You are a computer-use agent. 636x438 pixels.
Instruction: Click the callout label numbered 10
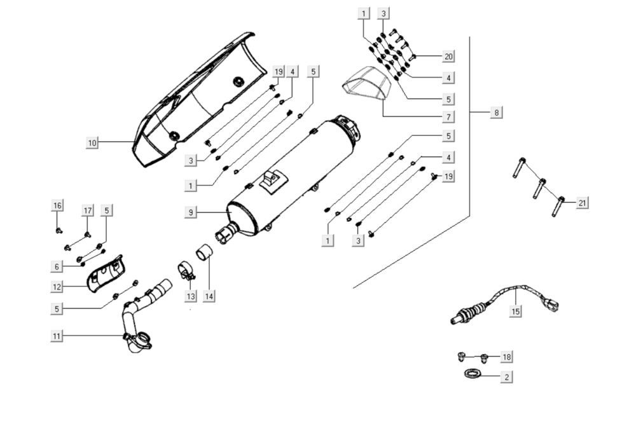[92, 142]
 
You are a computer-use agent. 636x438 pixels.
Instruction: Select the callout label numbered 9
[191, 212]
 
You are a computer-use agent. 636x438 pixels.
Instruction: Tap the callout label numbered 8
[497, 112]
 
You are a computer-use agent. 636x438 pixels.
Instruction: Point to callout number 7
[448, 116]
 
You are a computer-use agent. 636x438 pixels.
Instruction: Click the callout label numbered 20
[448, 57]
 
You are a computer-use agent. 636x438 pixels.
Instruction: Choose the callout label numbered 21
[583, 203]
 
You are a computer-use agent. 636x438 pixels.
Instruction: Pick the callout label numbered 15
[516, 311]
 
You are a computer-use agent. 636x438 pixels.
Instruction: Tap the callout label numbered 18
[506, 357]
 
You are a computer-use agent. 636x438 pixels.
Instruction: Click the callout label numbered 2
[506, 377]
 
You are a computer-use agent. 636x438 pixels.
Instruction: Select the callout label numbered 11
[57, 336]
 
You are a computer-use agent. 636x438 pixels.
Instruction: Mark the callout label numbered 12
[57, 287]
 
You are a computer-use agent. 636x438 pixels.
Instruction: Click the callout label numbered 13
[191, 296]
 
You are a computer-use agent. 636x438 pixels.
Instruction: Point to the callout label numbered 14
[210, 296]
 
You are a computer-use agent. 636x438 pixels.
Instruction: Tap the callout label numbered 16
[57, 205]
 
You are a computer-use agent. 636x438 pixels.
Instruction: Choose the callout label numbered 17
[88, 211]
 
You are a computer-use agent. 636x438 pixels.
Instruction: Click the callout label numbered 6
[57, 266]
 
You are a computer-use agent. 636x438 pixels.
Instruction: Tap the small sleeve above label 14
[204, 252]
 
